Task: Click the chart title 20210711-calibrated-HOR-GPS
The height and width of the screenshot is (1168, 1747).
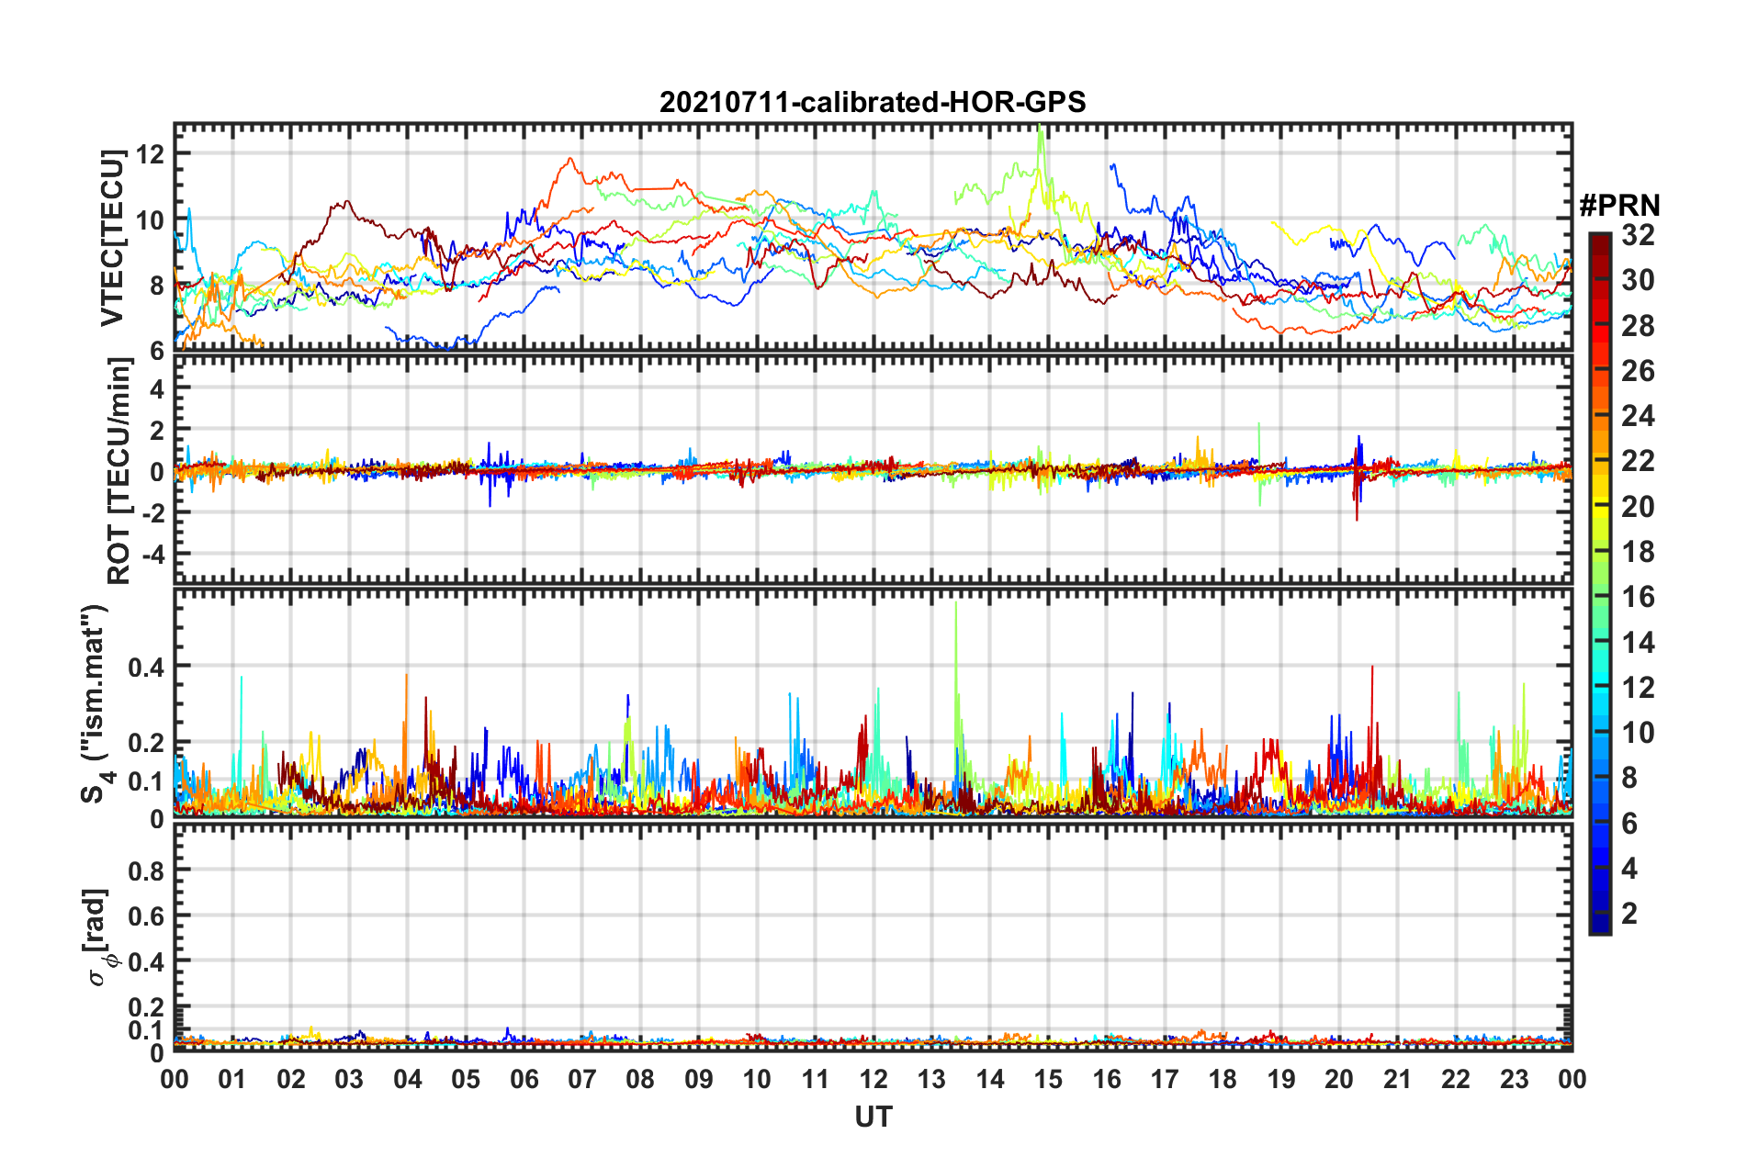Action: (873, 102)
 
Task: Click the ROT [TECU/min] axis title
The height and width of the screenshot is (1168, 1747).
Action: (119, 471)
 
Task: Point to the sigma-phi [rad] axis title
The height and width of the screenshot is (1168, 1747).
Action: (99, 937)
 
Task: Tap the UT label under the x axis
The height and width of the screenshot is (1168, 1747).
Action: (873, 1117)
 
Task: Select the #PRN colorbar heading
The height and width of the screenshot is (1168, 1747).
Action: (1619, 206)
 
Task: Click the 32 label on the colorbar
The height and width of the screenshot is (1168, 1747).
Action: (1638, 235)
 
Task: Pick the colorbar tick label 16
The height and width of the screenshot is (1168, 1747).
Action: (1638, 597)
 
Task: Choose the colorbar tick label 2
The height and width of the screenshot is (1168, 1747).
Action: (1629, 914)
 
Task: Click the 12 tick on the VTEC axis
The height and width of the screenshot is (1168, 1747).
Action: (150, 153)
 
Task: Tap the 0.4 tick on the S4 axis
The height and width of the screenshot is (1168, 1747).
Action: (147, 667)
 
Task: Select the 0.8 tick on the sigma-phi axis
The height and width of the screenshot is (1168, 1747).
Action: (147, 870)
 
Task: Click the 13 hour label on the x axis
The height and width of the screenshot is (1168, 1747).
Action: (931, 1080)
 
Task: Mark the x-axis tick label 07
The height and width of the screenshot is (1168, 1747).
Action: (582, 1080)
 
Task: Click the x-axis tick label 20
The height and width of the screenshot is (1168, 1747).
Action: (1339, 1080)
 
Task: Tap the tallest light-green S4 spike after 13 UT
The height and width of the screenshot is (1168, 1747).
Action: (956, 604)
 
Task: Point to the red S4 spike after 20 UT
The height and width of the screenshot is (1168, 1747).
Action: (1372, 668)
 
